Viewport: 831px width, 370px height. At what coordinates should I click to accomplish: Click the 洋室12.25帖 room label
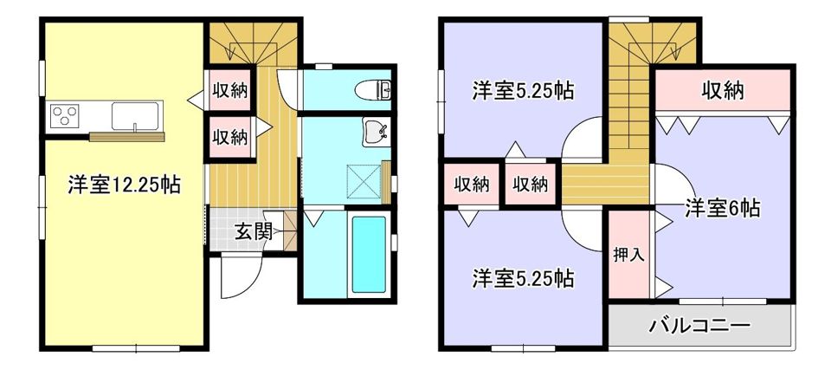pyautogui.click(x=124, y=185)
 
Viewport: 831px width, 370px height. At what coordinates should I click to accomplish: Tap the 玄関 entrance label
pyautogui.click(x=254, y=231)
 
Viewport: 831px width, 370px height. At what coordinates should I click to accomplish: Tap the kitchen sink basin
pyautogui.click(x=136, y=114)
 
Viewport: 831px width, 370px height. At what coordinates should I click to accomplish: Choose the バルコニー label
pyautogui.click(x=699, y=326)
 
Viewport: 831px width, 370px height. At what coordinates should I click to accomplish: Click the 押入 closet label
pyautogui.click(x=627, y=256)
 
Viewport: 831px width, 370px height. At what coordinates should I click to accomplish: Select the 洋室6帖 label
pyautogui.click(x=723, y=208)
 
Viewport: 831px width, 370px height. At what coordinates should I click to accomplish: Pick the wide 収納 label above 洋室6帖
pyautogui.click(x=723, y=89)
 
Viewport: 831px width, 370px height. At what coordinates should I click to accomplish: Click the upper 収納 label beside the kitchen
pyautogui.click(x=230, y=91)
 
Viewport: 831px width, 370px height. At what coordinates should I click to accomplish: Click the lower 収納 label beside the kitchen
pyautogui.click(x=230, y=137)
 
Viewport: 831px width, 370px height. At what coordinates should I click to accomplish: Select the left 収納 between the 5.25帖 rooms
pyautogui.click(x=472, y=184)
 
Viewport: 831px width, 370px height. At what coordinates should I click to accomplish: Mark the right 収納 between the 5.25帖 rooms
pyautogui.click(x=529, y=184)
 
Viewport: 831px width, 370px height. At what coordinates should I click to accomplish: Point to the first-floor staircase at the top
pyautogui.click(x=253, y=43)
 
